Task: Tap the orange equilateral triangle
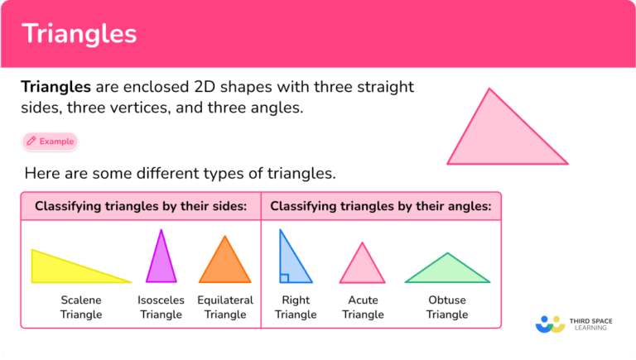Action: [224, 265]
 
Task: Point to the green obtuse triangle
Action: [447, 271]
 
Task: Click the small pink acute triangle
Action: [362, 268]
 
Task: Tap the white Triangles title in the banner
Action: [79, 34]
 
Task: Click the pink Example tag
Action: [50, 142]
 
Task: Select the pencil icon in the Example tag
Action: [31, 142]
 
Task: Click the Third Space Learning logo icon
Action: [549, 323]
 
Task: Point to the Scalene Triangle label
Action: [81, 307]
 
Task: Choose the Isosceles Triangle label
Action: [161, 307]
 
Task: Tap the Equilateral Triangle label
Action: [225, 307]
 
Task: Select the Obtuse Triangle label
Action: [447, 307]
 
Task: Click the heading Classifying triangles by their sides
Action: [141, 206]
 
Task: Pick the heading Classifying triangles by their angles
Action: [381, 206]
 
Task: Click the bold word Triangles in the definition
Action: [56, 87]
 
